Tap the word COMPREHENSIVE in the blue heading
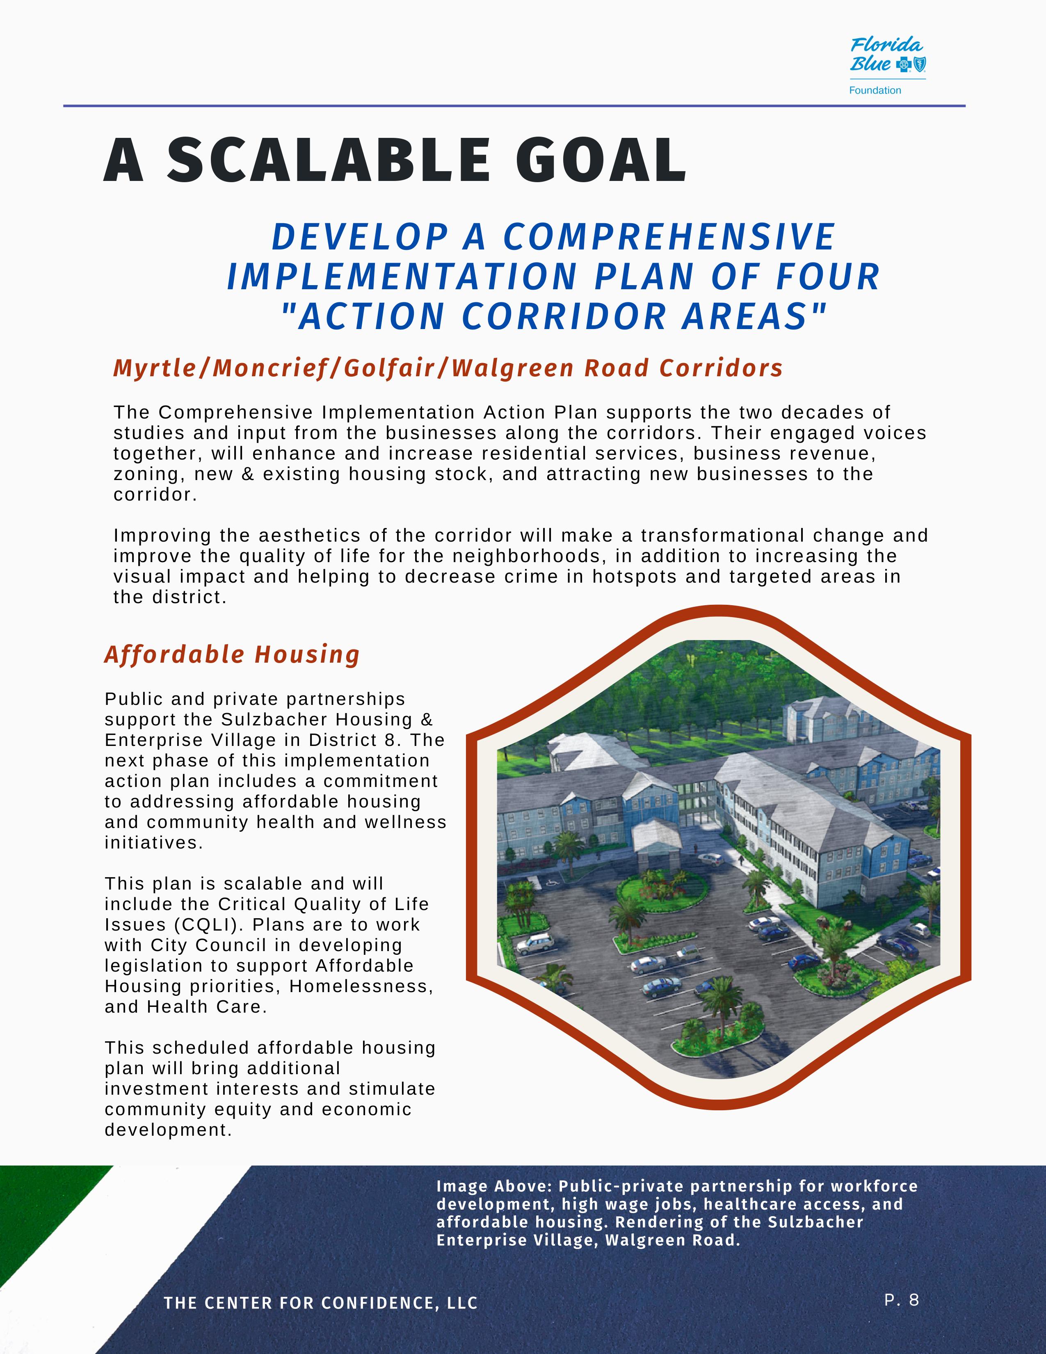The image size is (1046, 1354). pyautogui.click(x=669, y=237)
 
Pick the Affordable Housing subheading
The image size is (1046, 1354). pyautogui.click(x=232, y=655)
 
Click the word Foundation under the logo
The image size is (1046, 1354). pyautogui.click(x=875, y=91)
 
